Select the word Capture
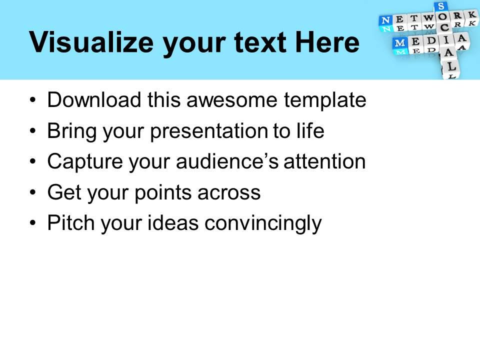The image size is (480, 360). click(77, 161)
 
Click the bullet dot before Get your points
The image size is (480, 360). click(33, 193)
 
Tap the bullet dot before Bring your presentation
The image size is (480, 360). click(33, 132)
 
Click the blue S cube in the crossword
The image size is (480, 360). click(441, 6)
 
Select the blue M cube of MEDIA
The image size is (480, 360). click(401, 43)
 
